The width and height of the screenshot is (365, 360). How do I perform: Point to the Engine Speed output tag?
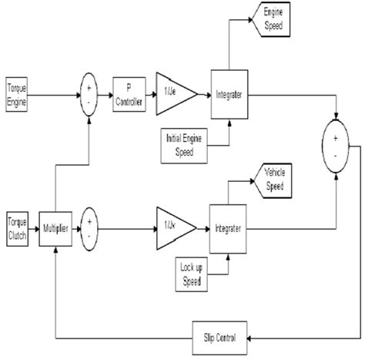[x=275, y=19]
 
